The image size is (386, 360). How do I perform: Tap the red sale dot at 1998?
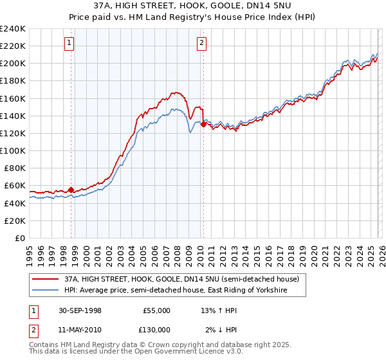tap(71, 190)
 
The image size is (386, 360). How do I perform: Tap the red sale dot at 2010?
tap(203, 124)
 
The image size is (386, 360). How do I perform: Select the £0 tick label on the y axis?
tap(19, 238)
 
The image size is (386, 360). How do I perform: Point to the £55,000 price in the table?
tap(156, 310)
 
